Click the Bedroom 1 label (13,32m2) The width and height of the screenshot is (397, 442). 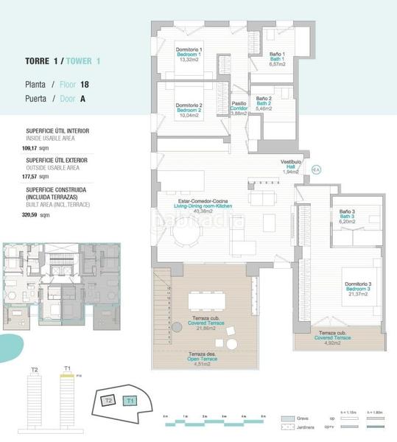(189, 55)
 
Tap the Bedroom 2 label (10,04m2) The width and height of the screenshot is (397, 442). (189, 110)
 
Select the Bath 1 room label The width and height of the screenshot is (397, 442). (276, 59)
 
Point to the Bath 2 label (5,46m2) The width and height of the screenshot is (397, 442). (264, 103)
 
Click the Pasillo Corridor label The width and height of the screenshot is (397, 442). (239, 108)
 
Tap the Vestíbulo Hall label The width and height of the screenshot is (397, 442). (289, 166)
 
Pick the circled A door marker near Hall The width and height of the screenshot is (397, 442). (316, 169)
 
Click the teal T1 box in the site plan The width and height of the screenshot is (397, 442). (130, 401)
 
